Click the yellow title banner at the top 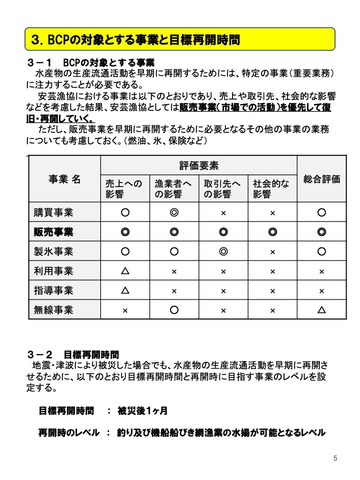click(180, 38)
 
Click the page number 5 click(335, 458)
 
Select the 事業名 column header click(64, 179)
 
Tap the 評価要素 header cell click(198, 165)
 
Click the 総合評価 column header click(321, 179)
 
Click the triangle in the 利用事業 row click(125, 271)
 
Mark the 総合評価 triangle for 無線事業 click(321, 310)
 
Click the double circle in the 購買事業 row click(174, 212)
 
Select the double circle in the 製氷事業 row click(223, 251)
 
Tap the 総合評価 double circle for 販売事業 click(321, 232)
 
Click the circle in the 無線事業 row click(174, 310)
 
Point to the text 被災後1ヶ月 click(142, 411)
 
